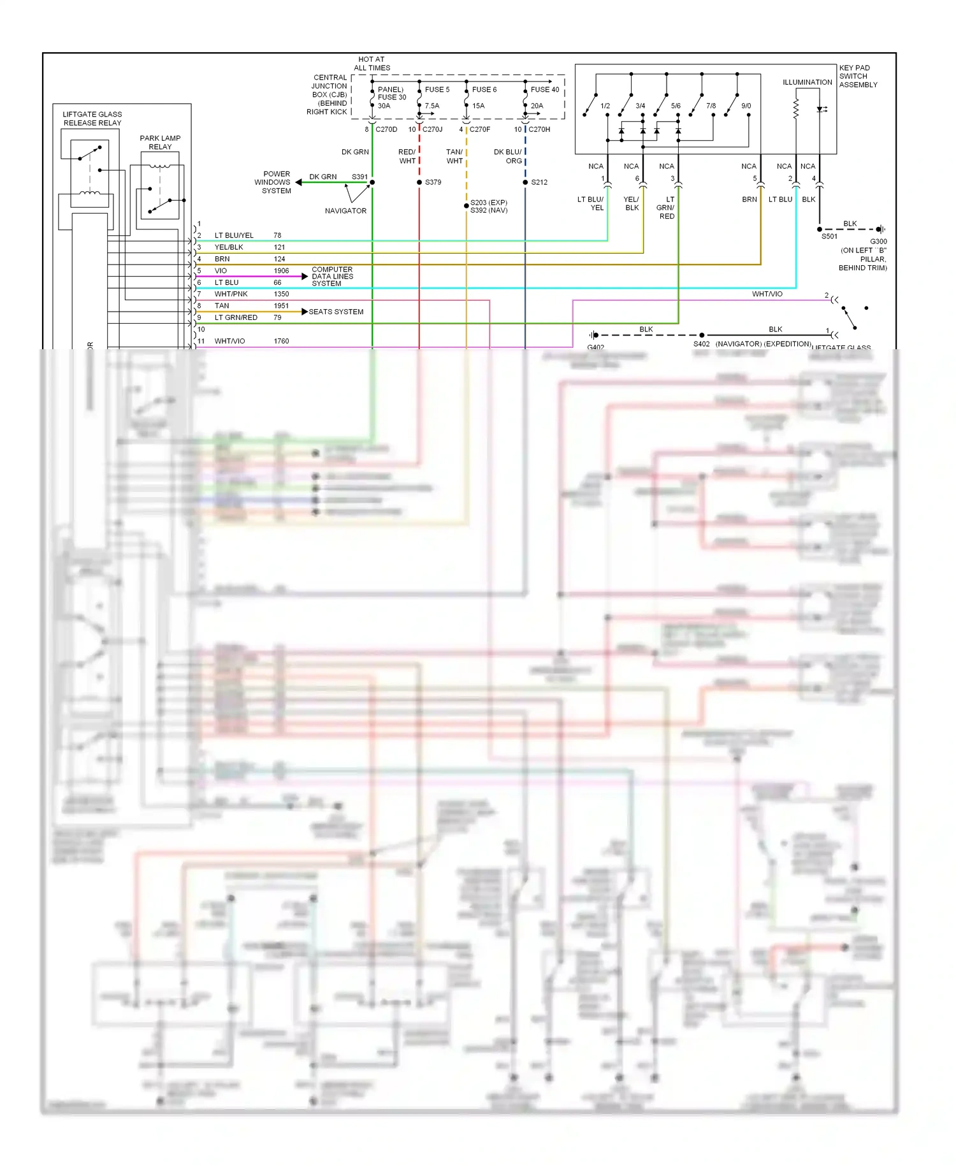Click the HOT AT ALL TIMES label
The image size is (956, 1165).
coord(372,64)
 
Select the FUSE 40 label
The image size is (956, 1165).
coord(544,90)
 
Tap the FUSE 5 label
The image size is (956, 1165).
coord(437,90)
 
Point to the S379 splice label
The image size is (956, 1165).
coord(433,182)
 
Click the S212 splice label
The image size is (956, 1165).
coord(539,182)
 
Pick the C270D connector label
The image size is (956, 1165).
coord(386,129)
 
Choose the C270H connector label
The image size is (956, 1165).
coord(539,129)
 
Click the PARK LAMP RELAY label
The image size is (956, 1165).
coord(160,142)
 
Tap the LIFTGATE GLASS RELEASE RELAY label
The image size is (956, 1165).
coord(92,119)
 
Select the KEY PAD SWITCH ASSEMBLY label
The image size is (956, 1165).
coord(858,76)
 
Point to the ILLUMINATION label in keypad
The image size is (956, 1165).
coord(807,82)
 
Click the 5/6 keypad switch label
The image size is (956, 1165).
coord(676,106)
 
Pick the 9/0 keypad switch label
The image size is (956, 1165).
coord(746,106)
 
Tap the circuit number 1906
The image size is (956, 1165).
coord(281,271)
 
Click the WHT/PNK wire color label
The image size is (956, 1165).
coord(231,294)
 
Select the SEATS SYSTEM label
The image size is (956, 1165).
coord(336,312)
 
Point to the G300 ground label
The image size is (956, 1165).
coord(878,242)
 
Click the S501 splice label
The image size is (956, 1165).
coord(829,236)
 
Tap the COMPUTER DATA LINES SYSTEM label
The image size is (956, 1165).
coord(332,277)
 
